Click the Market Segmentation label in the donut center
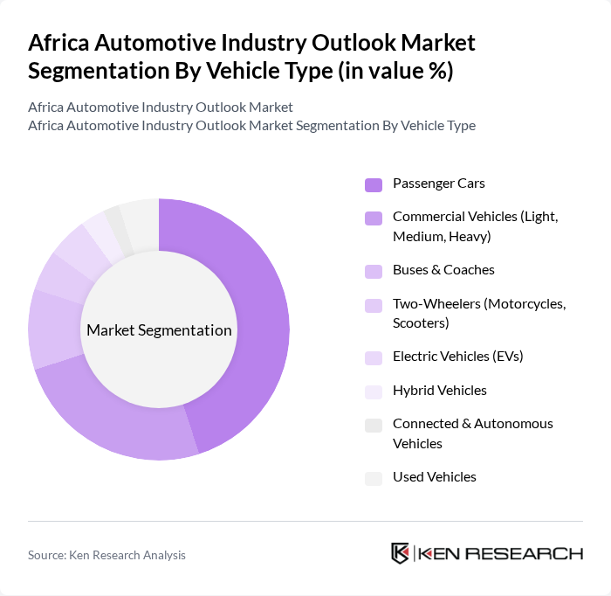pyautogui.click(x=159, y=330)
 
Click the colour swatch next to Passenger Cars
pyautogui.click(x=374, y=184)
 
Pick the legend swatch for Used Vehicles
pyautogui.click(x=374, y=478)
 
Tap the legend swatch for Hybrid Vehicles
pyautogui.click(x=374, y=392)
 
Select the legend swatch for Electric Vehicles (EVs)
pyautogui.click(x=374, y=357)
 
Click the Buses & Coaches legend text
pyautogui.click(x=443, y=270)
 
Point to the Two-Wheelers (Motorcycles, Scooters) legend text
pyautogui.click(x=479, y=314)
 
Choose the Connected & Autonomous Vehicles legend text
pyautogui.click(x=472, y=433)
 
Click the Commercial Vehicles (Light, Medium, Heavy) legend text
pyautogui.click(x=475, y=226)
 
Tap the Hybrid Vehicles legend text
pyautogui.click(x=440, y=391)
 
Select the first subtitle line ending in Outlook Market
pyautogui.click(x=161, y=107)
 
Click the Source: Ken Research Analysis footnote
pyautogui.click(x=106, y=555)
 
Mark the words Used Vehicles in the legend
pyautogui.click(x=435, y=477)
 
